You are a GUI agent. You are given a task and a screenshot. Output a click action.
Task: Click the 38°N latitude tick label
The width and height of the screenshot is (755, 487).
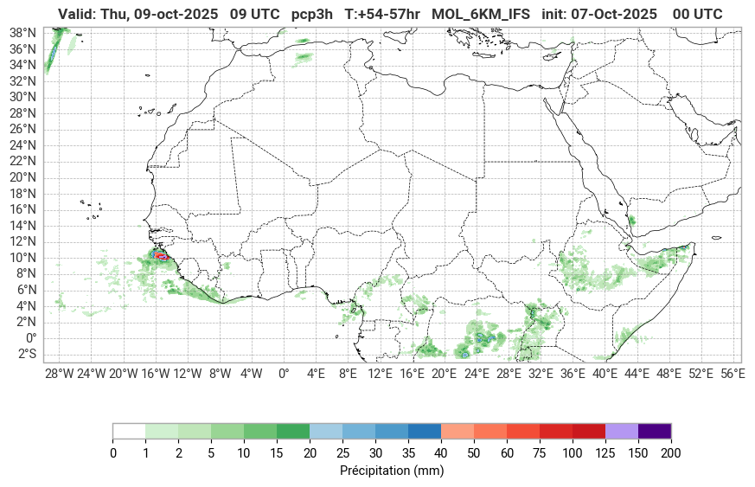point(22,32)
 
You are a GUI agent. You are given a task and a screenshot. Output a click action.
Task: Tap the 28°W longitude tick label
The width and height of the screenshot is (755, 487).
point(59,374)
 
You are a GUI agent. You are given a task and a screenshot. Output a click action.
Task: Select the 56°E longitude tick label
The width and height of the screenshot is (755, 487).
point(733,374)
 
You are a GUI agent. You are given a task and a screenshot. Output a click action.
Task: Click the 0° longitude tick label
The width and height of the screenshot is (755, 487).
point(284,374)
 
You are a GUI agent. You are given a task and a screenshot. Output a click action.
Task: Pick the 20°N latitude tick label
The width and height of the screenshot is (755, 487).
point(22,177)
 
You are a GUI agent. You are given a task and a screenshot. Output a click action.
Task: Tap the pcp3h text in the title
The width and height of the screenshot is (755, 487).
point(312,14)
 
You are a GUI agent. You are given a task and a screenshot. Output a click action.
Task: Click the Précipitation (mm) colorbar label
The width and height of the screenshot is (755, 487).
point(392,471)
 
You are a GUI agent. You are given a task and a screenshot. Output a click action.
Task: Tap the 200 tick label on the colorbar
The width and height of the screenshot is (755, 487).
point(671,453)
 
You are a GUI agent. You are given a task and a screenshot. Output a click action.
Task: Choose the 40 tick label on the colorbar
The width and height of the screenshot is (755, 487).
point(441,453)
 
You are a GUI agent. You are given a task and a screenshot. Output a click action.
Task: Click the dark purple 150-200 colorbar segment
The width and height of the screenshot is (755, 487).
point(655,431)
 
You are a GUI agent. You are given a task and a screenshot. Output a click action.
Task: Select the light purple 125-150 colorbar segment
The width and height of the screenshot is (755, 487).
point(622,431)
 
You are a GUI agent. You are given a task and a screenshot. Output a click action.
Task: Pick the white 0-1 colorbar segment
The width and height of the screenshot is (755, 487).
point(129,431)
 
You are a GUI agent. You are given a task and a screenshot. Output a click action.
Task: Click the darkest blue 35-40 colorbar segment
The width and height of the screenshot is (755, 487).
point(425,431)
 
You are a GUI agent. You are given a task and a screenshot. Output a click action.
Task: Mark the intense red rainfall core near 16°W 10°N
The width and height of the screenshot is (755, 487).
point(159,256)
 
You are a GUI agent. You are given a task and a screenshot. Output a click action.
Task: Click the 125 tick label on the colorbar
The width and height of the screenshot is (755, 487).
point(605,453)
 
